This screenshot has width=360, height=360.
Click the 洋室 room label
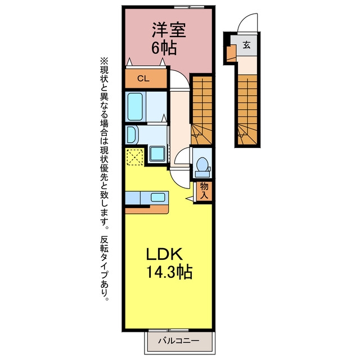169,30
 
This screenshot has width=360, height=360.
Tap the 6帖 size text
164,48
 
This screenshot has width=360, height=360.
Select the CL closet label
143,79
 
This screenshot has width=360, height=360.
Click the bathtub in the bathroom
135,107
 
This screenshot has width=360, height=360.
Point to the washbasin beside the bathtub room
131,134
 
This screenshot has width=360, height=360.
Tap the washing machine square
157,154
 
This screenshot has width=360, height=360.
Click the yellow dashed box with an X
135,157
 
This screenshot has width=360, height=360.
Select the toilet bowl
202,164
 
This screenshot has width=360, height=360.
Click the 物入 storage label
204,191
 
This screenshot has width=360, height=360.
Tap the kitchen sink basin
157,197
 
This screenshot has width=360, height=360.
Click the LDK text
164,254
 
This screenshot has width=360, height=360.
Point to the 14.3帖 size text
169,272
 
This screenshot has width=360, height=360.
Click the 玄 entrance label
246,45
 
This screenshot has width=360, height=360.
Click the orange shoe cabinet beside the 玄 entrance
231,53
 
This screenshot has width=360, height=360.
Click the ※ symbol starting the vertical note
104,61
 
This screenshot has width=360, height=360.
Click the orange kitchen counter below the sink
147,210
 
